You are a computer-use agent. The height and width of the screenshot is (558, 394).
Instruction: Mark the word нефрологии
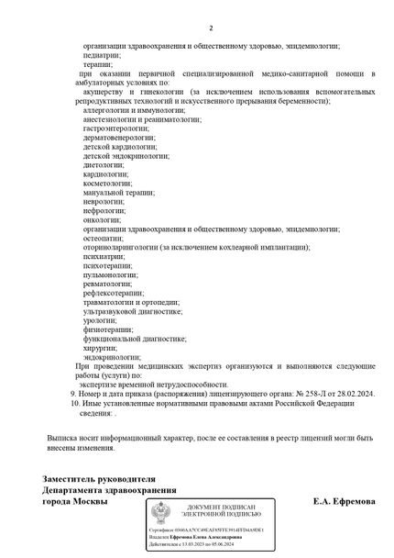coord(104,211)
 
